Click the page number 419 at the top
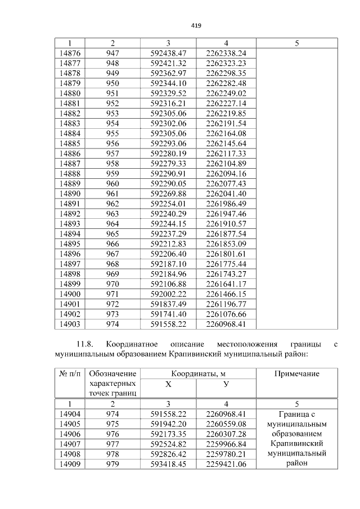click(196, 26)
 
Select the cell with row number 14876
click(69, 53)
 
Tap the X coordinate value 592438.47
click(168, 53)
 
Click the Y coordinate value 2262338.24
click(226, 53)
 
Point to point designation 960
click(112, 183)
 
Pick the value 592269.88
click(168, 193)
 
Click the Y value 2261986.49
click(226, 204)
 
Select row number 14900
click(69, 294)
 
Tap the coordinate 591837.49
click(168, 304)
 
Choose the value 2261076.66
click(226, 314)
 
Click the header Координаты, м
click(198, 373)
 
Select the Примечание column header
click(296, 373)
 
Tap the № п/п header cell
click(69, 373)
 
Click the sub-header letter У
click(226, 384)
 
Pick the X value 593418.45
click(168, 465)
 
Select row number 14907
click(69, 444)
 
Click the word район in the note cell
click(296, 463)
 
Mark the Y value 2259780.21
click(226, 454)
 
